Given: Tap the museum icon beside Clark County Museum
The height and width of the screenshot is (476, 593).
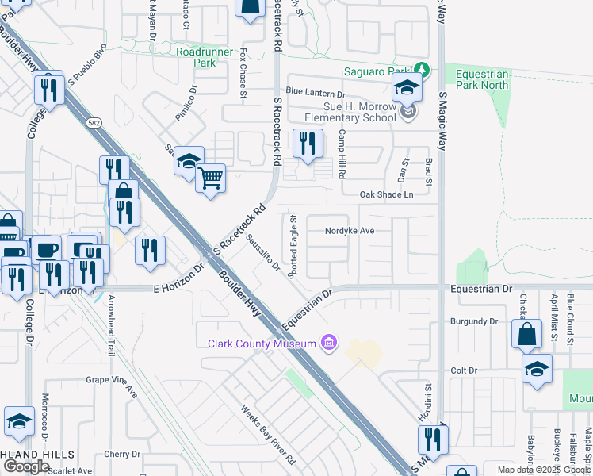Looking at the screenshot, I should [328, 344].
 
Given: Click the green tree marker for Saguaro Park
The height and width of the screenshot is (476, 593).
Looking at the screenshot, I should [423, 71].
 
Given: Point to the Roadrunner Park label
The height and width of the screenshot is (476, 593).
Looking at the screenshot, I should [196, 56].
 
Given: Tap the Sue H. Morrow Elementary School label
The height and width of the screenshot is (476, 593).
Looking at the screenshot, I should [358, 112].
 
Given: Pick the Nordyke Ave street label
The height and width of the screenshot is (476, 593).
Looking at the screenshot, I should [349, 231].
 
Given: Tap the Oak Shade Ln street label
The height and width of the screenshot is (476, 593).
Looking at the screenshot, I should [387, 194].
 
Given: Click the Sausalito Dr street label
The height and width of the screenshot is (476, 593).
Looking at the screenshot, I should [264, 252].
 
